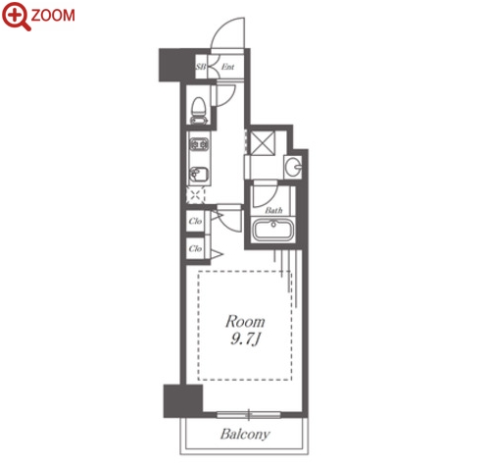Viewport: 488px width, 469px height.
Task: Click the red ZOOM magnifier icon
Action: [x=16, y=16]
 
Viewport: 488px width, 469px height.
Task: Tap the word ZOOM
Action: [x=53, y=16]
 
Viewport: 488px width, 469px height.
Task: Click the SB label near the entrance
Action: [x=201, y=67]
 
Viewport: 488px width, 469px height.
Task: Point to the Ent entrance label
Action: [x=227, y=67]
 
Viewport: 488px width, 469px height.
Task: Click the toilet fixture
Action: [x=199, y=111]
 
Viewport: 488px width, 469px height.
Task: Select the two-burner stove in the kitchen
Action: [x=199, y=144]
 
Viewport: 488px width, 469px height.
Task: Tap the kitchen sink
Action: [x=199, y=176]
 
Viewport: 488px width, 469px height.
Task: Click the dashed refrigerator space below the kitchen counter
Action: [x=196, y=195]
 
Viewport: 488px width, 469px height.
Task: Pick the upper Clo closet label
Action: [x=195, y=221]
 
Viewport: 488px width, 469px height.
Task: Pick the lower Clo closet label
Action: [x=195, y=248]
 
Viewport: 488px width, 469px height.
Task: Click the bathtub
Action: [x=273, y=230]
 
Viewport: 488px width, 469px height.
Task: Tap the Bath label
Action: [x=273, y=210]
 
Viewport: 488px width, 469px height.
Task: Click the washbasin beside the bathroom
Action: [x=293, y=167]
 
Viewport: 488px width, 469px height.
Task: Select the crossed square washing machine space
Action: [x=263, y=142]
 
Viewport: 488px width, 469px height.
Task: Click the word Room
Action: [x=245, y=322]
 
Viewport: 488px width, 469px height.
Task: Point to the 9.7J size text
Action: [x=245, y=339]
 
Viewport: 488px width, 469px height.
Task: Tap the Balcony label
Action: [x=245, y=434]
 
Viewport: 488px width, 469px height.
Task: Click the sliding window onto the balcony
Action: [x=249, y=415]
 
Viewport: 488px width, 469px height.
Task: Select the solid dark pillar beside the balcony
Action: [x=183, y=401]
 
